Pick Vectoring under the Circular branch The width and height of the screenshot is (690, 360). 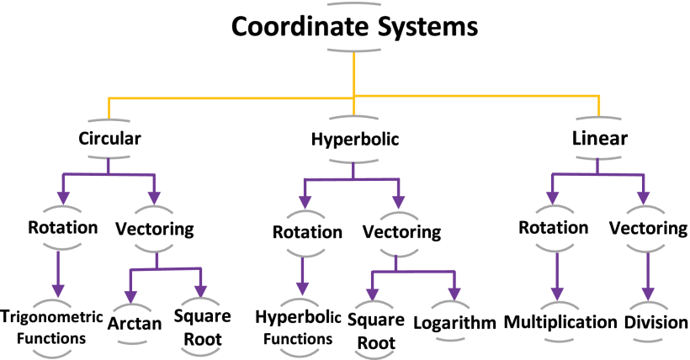pyautogui.click(x=155, y=228)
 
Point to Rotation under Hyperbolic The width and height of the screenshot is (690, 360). pyautogui.click(x=302, y=231)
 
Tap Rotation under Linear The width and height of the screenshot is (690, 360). pyautogui.click(x=553, y=228)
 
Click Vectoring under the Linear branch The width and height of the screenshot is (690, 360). pyautogui.click(x=648, y=228)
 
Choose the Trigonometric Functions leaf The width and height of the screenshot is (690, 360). pyautogui.click(x=55, y=327)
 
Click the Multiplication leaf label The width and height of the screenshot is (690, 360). pyautogui.click(x=560, y=322)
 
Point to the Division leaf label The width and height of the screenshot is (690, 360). pyautogui.click(x=656, y=322)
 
